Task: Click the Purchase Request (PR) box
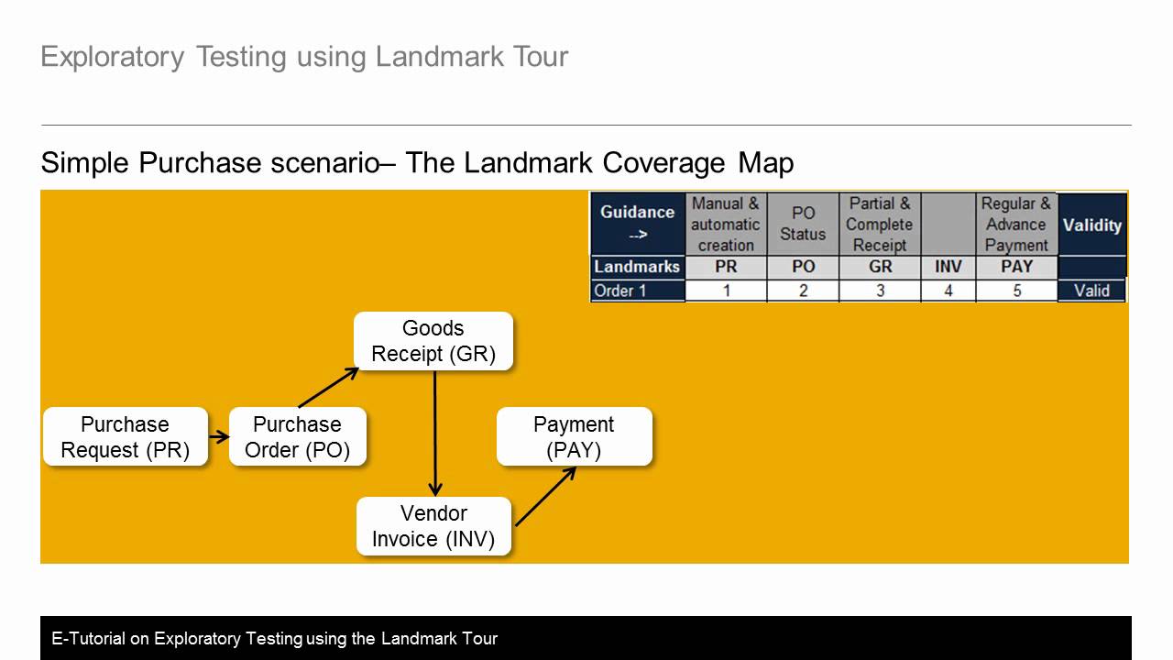[x=126, y=437]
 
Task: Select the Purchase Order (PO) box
[x=297, y=437]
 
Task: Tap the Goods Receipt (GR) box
[x=433, y=341]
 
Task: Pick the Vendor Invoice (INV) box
[x=433, y=526]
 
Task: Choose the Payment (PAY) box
[x=574, y=437]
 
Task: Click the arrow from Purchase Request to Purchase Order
[x=218, y=437]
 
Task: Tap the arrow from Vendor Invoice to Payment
[x=545, y=497]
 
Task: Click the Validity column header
[x=1091, y=225]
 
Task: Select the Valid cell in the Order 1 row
[x=1091, y=291]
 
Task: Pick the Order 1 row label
[x=638, y=291]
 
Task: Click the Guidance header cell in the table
[x=638, y=223]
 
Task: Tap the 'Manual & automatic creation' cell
[x=726, y=225]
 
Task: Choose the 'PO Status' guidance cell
[x=803, y=225]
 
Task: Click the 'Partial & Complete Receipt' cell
[x=880, y=225]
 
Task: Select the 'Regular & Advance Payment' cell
[x=1016, y=225]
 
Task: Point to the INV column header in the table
[x=948, y=268]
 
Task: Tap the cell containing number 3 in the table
[x=880, y=291]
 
